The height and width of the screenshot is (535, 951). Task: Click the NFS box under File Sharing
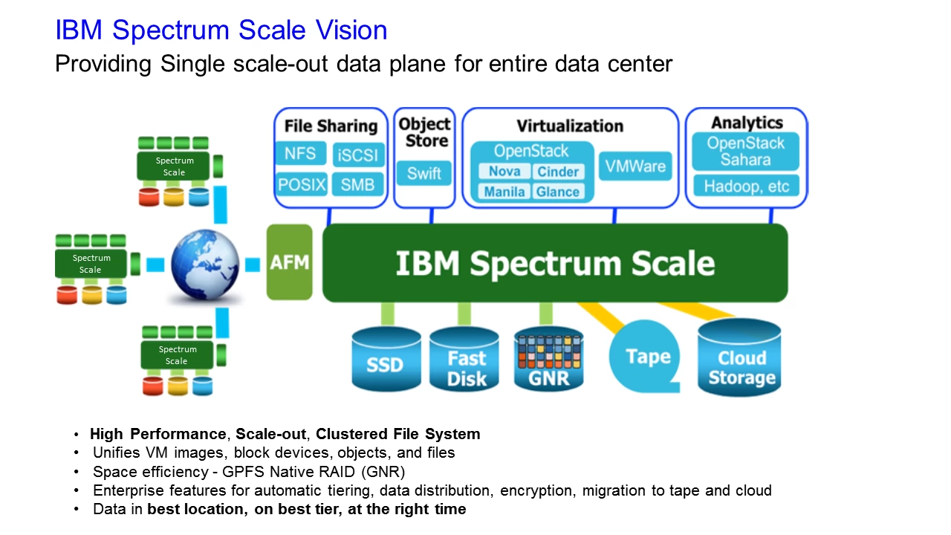click(301, 155)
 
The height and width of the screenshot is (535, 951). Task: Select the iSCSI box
click(358, 155)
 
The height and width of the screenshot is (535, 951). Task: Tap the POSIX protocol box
click(302, 184)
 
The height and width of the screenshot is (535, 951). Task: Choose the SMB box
click(358, 184)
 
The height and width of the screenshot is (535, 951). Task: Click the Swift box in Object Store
click(424, 174)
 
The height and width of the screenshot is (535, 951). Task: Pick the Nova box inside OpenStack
click(504, 172)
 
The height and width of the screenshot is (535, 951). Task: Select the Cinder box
click(558, 172)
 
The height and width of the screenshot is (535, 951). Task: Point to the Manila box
click(504, 192)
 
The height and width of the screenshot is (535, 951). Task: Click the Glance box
click(558, 192)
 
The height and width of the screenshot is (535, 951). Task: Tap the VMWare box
click(635, 166)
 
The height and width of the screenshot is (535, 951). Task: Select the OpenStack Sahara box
click(745, 152)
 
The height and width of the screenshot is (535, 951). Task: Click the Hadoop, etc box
click(746, 186)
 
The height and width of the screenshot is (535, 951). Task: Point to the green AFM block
click(290, 262)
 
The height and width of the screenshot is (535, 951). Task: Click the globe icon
click(206, 263)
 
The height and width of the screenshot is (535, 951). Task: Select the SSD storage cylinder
click(385, 360)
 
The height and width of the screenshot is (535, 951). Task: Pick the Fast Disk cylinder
click(466, 360)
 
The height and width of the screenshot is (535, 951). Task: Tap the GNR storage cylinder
click(548, 361)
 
